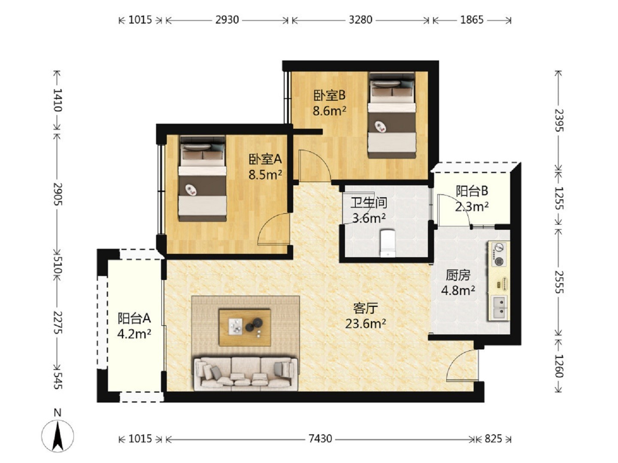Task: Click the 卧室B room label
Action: pos(330,96)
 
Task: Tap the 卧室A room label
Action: pos(265,159)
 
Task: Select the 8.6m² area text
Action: pos(330,111)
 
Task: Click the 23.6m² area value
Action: pos(366,324)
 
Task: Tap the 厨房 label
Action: pos(458,275)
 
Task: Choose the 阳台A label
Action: pos(134,319)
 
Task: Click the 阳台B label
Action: pos(472,192)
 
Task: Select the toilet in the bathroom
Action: pos(388,244)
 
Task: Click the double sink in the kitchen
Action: pos(500,307)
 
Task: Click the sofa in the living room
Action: pos(245,373)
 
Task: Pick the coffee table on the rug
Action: pos(245,327)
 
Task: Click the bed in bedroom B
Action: pos(392,115)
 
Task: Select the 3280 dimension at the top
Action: pos(360,20)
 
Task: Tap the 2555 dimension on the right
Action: pos(559,282)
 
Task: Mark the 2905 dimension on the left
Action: pos(58,194)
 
